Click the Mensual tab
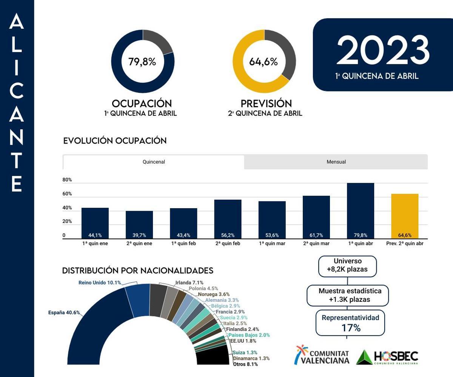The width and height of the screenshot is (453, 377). [336, 162]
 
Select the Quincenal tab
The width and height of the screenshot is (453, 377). [154, 162]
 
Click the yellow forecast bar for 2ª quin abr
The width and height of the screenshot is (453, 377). [405, 216]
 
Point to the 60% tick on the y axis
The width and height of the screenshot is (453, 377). [67, 194]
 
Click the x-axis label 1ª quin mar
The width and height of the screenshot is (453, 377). [272, 244]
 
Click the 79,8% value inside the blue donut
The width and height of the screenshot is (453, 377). [142, 62]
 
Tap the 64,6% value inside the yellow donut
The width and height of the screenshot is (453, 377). [263, 62]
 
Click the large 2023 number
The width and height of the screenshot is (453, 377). [383, 51]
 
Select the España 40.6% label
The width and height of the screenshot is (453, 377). [64, 312]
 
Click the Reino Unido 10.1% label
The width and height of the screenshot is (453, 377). [100, 283]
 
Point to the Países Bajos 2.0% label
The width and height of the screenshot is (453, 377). [249, 335]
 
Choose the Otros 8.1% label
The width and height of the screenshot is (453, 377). [245, 364]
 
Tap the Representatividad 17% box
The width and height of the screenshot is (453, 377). [350, 323]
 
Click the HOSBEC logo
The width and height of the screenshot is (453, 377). [387, 357]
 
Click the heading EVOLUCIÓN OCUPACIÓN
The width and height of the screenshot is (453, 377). [115, 141]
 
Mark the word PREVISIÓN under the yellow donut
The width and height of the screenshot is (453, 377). [266, 104]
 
